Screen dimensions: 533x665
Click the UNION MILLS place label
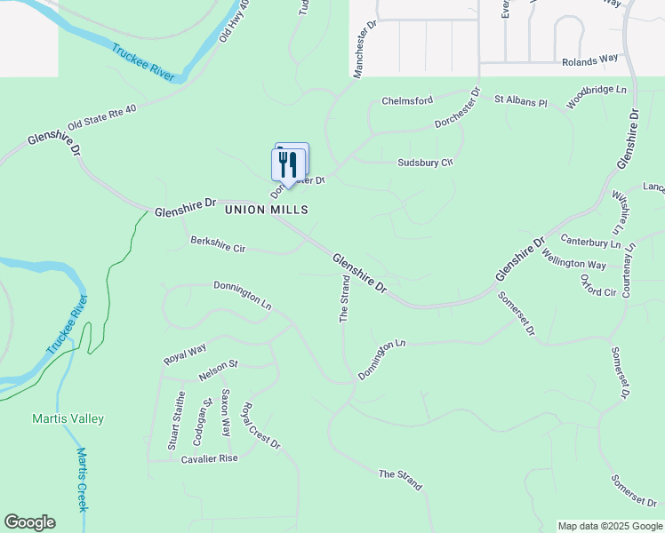click(x=266, y=210)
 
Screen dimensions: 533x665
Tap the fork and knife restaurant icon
click(x=287, y=163)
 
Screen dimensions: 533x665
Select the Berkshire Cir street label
click(x=218, y=244)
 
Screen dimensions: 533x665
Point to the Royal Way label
click(x=185, y=353)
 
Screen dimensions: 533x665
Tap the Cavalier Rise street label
click(x=210, y=458)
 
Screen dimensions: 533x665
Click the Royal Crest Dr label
click(x=261, y=426)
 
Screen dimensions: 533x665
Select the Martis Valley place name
click(x=68, y=418)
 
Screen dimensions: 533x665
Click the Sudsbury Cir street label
click(x=425, y=163)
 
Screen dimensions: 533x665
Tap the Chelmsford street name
click(x=407, y=101)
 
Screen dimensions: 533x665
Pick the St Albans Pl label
click(x=521, y=100)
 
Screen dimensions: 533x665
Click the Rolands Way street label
click(x=589, y=61)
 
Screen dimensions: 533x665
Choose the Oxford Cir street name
click(x=598, y=286)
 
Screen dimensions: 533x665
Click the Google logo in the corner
click(x=29, y=522)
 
